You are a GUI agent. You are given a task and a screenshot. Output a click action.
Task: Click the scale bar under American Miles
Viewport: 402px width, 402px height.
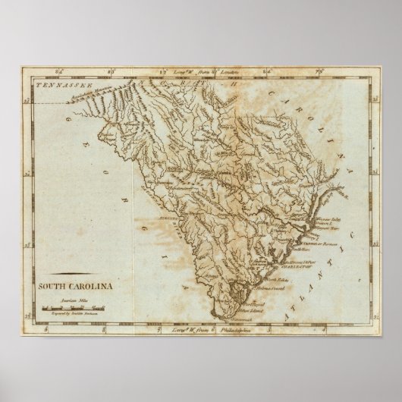pyautogui.click(x=73, y=306)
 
